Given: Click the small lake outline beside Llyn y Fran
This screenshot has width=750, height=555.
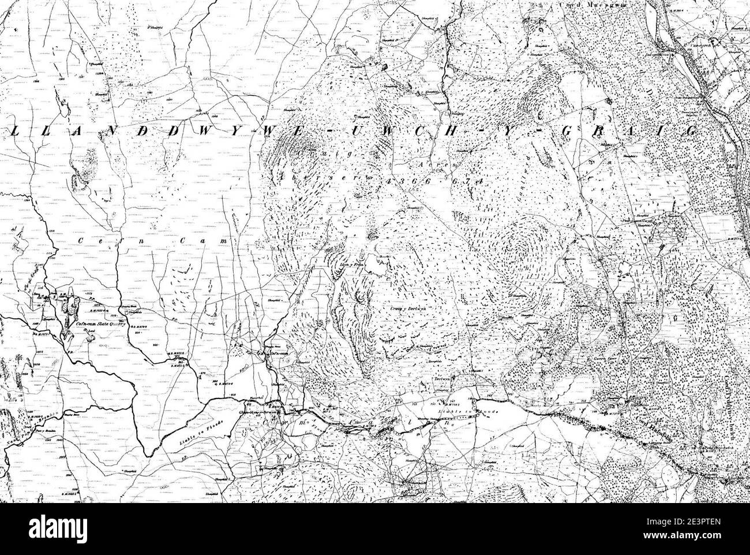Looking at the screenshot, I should pyautogui.click(x=378, y=266).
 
